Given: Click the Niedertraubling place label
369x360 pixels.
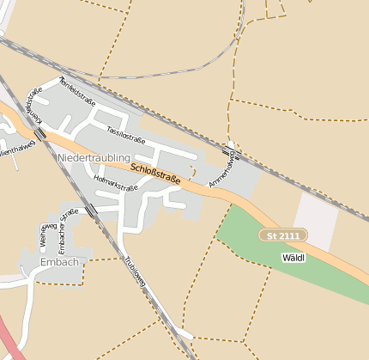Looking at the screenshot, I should [94, 158].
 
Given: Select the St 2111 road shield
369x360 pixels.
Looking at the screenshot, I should [283, 235].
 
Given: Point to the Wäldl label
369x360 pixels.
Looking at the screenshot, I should [293, 257].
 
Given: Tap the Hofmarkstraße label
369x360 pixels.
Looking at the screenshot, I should [116, 183].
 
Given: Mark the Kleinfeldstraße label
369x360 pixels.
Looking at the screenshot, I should [34, 108].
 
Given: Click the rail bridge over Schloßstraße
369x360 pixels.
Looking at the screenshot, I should [40, 134].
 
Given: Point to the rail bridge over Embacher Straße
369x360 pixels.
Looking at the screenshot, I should [91, 210].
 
